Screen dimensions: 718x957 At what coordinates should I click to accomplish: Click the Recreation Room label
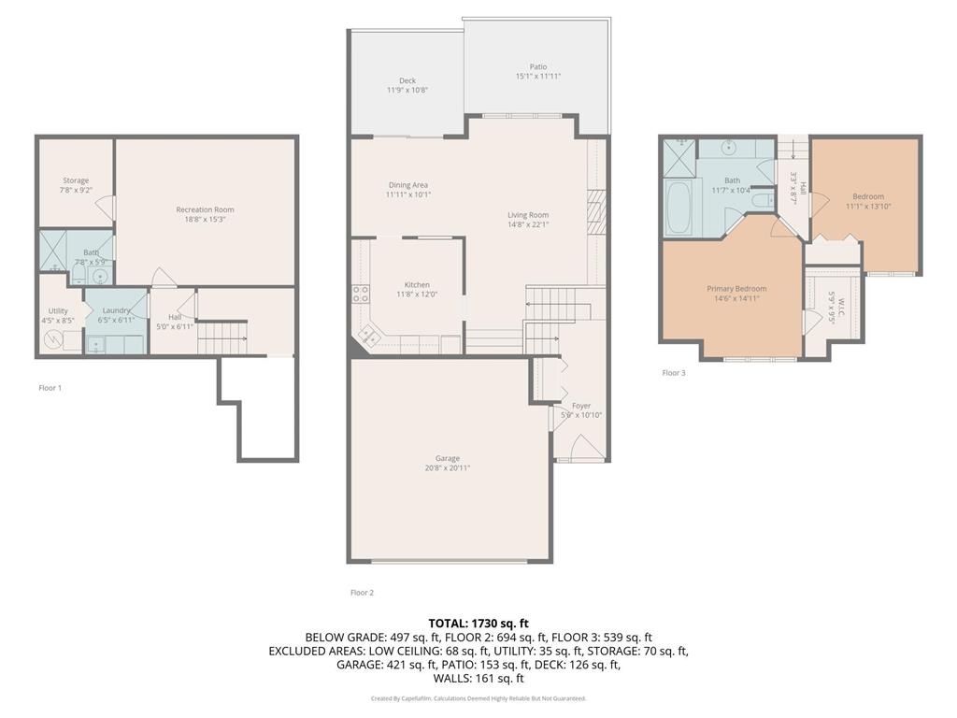pyautogui.click(x=205, y=209)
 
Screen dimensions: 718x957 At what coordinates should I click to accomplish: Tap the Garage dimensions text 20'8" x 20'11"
pyautogui.click(x=448, y=467)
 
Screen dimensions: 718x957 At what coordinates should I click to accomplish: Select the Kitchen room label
pyautogui.click(x=417, y=285)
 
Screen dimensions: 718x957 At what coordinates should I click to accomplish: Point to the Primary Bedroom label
pyautogui.click(x=736, y=289)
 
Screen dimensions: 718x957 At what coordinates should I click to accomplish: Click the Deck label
pyautogui.click(x=407, y=80)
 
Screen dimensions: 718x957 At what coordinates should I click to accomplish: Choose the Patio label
pyautogui.click(x=538, y=66)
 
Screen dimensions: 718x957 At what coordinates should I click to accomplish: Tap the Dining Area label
pyautogui.click(x=407, y=185)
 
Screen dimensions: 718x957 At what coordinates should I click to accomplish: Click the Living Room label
pyautogui.click(x=528, y=215)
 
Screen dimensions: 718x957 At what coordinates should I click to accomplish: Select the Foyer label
pyautogui.click(x=581, y=406)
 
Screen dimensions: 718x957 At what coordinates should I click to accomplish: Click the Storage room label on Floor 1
pyautogui.click(x=76, y=180)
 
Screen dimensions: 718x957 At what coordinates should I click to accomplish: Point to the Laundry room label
pyautogui.click(x=117, y=310)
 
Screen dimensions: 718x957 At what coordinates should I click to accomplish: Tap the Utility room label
pyautogui.click(x=58, y=311)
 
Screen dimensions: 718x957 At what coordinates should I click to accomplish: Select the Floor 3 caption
pyautogui.click(x=674, y=373)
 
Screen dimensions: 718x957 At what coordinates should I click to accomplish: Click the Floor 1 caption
pyautogui.click(x=50, y=387)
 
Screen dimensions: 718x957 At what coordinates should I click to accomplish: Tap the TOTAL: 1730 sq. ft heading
pyautogui.click(x=478, y=623)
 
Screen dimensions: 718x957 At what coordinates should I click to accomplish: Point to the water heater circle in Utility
pyautogui.click(x=51, y=340)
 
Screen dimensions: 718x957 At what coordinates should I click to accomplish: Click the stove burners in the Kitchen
pyautogui.click(x=360, y=295)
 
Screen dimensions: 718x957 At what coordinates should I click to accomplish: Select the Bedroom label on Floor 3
pyautogui.click(x=867, y=196)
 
